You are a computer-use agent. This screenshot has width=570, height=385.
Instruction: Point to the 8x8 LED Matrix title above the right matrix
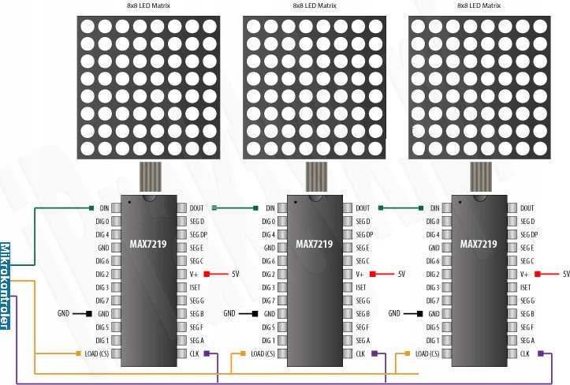tap(479, 6)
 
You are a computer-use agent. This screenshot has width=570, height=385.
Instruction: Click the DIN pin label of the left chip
tap(104, 208)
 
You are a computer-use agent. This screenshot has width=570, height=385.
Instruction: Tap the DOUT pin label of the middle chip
tap(363, 208)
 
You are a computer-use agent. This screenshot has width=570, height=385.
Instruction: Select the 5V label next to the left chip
tap(234, 275)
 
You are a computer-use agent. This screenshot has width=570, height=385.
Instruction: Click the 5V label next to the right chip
tap(565, 275)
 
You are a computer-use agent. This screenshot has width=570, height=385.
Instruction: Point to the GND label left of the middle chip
tap(229, 314)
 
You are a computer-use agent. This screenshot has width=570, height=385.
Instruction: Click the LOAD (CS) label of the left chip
tap(96, 353)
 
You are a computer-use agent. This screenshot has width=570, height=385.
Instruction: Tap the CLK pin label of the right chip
tap(524, 353)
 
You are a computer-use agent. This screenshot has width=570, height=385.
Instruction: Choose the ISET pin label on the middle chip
tap(361, 288)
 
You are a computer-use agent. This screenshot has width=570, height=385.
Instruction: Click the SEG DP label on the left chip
tap(198, 235)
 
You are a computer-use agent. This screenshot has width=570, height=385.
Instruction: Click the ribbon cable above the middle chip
tap(313, 178)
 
